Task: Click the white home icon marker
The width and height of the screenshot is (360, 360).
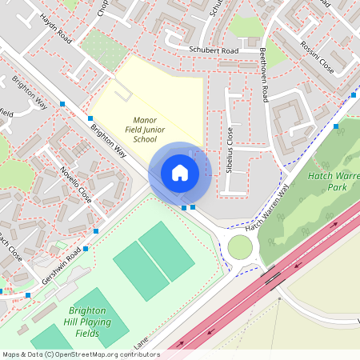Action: tap(180, 172)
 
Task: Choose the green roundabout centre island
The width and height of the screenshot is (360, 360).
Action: tap(240, 247)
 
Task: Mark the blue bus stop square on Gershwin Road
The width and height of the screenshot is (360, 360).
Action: tap(96, 230)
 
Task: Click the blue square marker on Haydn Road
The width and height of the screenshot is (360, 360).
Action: tap(89, 118)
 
